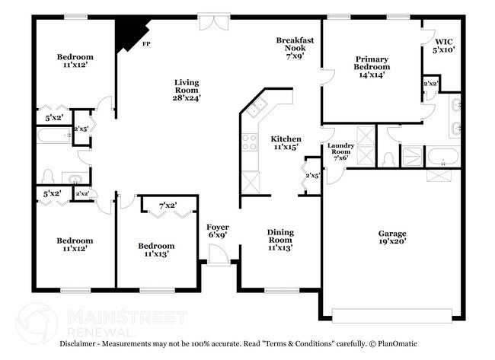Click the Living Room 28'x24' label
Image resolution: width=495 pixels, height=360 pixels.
(187, 90)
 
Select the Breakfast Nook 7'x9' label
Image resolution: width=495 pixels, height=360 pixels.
(295, 47)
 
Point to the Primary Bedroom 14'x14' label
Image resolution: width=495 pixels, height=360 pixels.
(371, 67)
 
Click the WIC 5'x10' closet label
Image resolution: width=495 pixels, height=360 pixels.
(445, 46)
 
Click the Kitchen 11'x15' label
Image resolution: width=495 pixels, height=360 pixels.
(286, 143)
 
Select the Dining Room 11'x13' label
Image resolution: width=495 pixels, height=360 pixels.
(279, 240)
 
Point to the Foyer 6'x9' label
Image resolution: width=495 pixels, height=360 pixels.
(218, 231)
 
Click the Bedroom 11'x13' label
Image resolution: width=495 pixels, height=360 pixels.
(155, 250)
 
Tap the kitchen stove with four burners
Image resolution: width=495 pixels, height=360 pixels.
(250, 142)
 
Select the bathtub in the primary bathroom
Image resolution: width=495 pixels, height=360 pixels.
(442, 158)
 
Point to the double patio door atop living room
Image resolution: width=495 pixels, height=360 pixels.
(209, 23)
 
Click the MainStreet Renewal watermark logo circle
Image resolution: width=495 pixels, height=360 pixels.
(36, 322)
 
